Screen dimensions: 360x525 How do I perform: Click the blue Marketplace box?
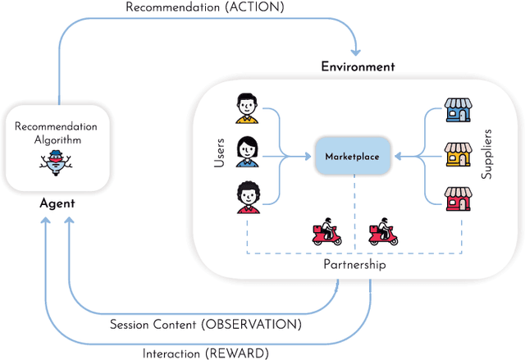click(x=353, y=156)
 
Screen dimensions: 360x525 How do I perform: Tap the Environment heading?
click(x=358, y=66)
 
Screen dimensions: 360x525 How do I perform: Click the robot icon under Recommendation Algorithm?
click(x=57, y=162)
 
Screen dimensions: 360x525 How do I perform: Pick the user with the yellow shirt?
click(x=247, y=108)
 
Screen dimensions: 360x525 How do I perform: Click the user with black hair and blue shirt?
click(x=247, y=152)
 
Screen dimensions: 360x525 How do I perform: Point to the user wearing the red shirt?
click(x=247, y=198)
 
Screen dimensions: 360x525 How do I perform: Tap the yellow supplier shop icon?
click(x=457, y=155)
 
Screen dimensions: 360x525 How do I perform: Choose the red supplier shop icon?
click(x=457, y=199)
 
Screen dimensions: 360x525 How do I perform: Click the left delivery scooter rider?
click(x=328, y=233)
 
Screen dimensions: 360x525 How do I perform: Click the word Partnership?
click(x=354, y=266)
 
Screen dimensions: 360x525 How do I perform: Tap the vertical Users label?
click(x=220, y=153)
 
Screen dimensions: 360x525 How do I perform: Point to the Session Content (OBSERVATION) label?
click(x=206, y=324)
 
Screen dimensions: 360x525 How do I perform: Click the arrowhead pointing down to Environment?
click(x=357, y=49)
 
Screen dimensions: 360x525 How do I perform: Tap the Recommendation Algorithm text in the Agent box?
click(x=57, y=133)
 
